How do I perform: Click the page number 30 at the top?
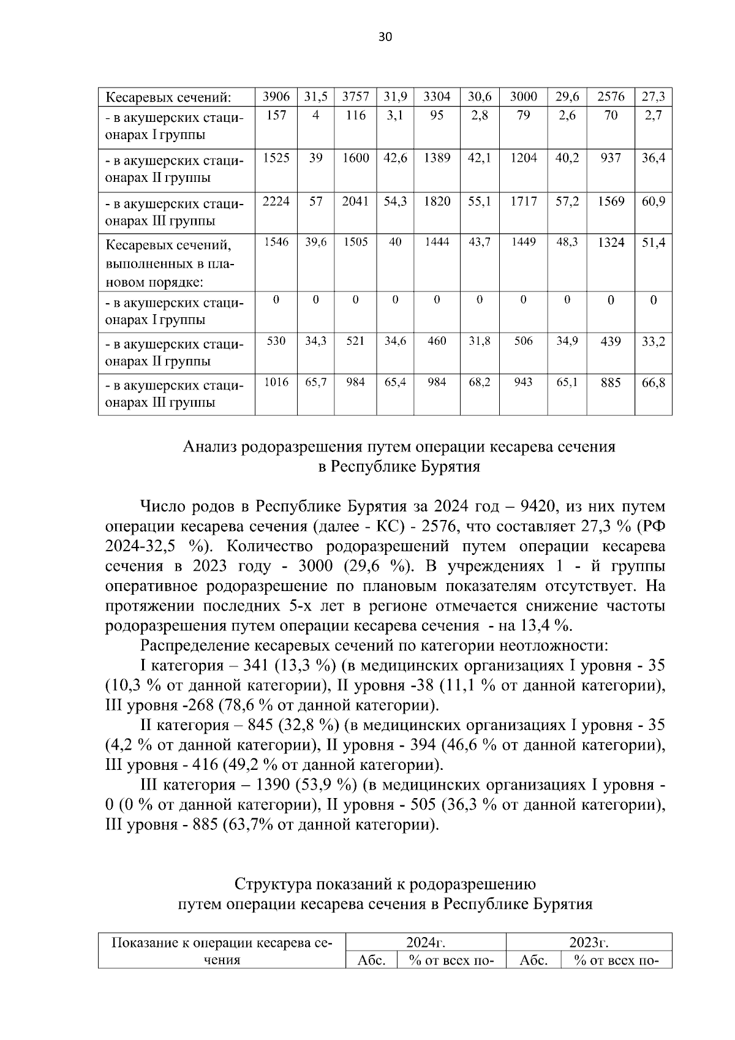(385, 37)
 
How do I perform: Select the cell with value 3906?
(276, 96)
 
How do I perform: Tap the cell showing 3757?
(355, 96)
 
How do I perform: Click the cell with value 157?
(276, 116)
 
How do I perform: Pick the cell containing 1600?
(355, 158)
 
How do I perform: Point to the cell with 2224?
(276, 200)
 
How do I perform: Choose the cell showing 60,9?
(653, 200)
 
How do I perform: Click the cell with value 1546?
(276, 243)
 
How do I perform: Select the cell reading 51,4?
(653, 243)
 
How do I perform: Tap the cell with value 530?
(276, 341)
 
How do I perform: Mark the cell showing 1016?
(276, 383)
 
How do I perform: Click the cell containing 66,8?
(653, 383)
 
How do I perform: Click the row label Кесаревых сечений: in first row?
(168, 97)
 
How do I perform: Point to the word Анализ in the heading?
(210, 447)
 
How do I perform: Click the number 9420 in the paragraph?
(537, 507)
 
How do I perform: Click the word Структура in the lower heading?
(272, 884)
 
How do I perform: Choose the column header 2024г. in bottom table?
(425, 942)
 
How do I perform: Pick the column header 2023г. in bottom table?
(588, 942)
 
